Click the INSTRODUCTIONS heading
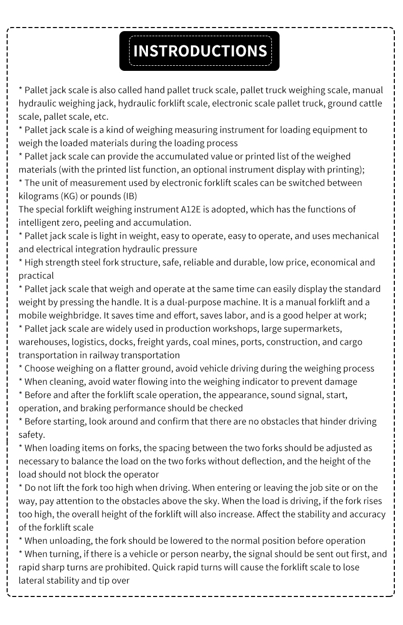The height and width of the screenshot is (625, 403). tap(199, 51)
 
